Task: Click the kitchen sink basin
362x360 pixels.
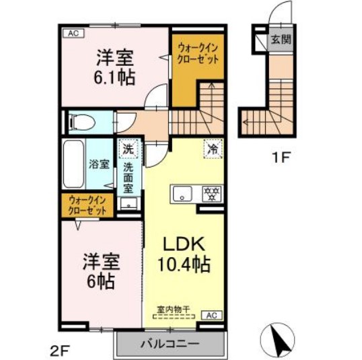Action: click(x=181, y=194)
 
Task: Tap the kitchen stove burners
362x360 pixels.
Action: click(x=211, y=194)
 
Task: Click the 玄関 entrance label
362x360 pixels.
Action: click(x=281, y=39)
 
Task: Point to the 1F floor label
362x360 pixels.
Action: click(x=280, y=159)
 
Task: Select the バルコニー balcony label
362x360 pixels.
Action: click(x=170, y=345)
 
